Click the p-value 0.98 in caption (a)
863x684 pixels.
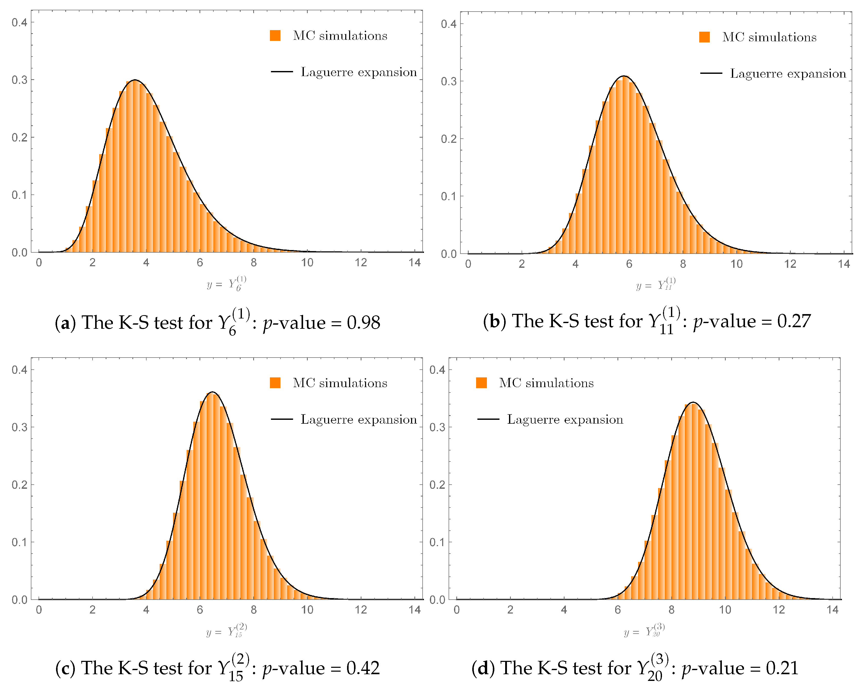pyautogui.click(x=363, y=323)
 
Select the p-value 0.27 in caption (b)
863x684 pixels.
pyautogui.click(x=794, y=321)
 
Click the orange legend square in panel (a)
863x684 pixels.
pyautogui.click(x=275, y=36)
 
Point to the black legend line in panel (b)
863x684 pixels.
pyautogui.click(x=711, y=74)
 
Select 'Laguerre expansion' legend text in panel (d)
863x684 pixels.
pyautogui.click(x=565, y=419)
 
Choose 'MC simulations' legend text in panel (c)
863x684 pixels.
pyautogui.click(x=340, y=383)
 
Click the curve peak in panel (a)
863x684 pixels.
pyautogui.click(x=135, y=80)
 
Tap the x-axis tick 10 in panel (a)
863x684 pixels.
pyautogui.click(x=307, y=263)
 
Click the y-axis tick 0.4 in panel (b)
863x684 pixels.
pyautogui.click(x=448, y=24)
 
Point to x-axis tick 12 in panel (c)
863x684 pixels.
pyautogui.click(x=361, y=610)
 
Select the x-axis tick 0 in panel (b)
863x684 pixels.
pyautogui.click(x=468, y=264)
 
